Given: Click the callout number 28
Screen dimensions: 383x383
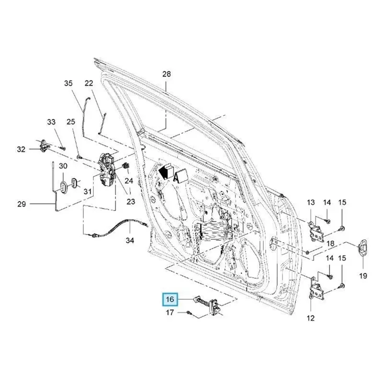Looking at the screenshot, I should click(x=166, y=74).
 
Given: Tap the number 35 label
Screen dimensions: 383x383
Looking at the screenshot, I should click(x=68, y=83).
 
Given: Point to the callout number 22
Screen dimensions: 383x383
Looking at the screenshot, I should click(x=89, y=83).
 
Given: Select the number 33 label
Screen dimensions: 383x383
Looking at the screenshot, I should click(x=51, y=122).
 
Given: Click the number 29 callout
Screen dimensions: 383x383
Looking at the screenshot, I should click(x=21, y=204).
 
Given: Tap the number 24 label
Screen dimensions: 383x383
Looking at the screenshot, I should click(x=128, y=180).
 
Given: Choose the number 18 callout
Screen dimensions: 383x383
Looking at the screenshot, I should click(x=330, y=244).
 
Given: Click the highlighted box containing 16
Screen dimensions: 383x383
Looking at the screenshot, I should click(x=170, y=300).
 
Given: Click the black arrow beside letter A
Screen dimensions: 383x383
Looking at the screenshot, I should click(x=165, y=171).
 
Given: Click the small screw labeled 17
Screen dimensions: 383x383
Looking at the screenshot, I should click(x=190, y=313).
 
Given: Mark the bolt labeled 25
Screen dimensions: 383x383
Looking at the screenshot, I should click(x=79, y=156).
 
